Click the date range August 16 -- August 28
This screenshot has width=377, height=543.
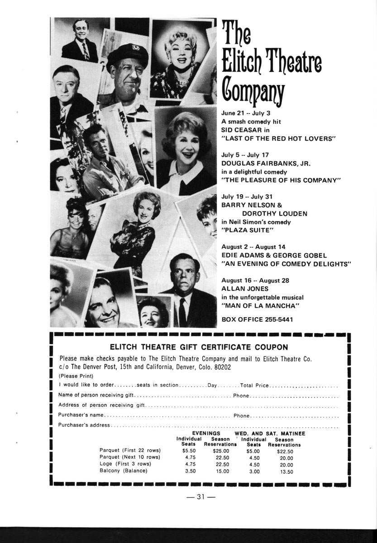(255, 280)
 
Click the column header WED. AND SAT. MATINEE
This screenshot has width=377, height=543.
(270, 433)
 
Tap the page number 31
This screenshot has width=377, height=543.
(201, 497)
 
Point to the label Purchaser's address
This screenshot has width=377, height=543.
(84, 425)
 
